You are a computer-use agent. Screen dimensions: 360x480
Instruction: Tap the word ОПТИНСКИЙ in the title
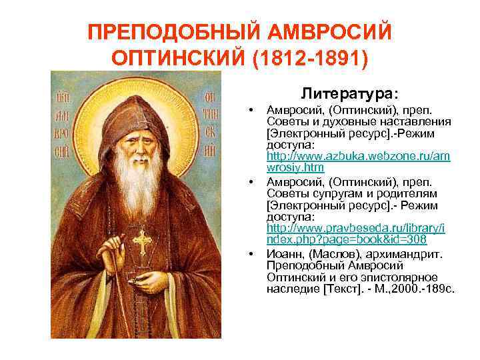click(180, 59)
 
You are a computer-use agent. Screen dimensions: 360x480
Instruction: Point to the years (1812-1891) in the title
click(311, 59)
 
